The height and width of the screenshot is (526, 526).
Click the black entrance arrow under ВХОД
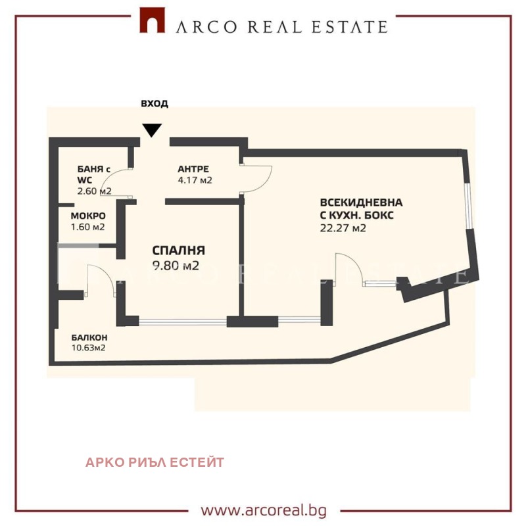[152, 130]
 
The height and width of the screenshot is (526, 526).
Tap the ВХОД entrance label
[155, 103]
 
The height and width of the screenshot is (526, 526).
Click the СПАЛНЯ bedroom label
[179, 251]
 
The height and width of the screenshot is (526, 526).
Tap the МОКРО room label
[89, 216]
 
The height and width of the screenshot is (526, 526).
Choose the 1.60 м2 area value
[88, 227]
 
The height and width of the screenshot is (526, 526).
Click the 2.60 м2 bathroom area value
[94, 191]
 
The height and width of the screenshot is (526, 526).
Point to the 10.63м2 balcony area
[89, 348]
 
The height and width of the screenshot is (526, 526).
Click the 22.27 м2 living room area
[343, 229]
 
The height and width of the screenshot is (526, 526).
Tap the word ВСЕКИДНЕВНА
[361, 203]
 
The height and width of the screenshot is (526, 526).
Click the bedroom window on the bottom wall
[182, 322]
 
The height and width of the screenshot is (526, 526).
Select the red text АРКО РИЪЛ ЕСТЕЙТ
[155, 462]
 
